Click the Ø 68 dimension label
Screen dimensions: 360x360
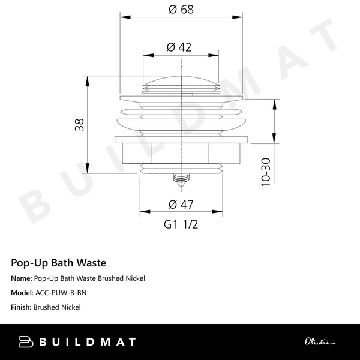[181, 10]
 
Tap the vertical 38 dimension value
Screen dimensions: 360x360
[79, 125]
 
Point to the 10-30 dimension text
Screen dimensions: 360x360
[265, 172]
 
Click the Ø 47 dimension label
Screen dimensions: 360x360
[181, 204]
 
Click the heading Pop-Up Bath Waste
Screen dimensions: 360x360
[59, 262]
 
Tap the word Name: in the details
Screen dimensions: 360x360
[21, 278]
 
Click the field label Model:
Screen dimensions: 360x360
[22, 293]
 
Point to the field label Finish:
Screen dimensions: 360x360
[22, 307]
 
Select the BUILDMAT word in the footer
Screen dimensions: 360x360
[88, 342]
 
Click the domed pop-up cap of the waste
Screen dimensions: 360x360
[181, 80]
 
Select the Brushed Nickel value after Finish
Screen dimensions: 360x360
[58, 307]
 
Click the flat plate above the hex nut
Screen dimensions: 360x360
[181, 140]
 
